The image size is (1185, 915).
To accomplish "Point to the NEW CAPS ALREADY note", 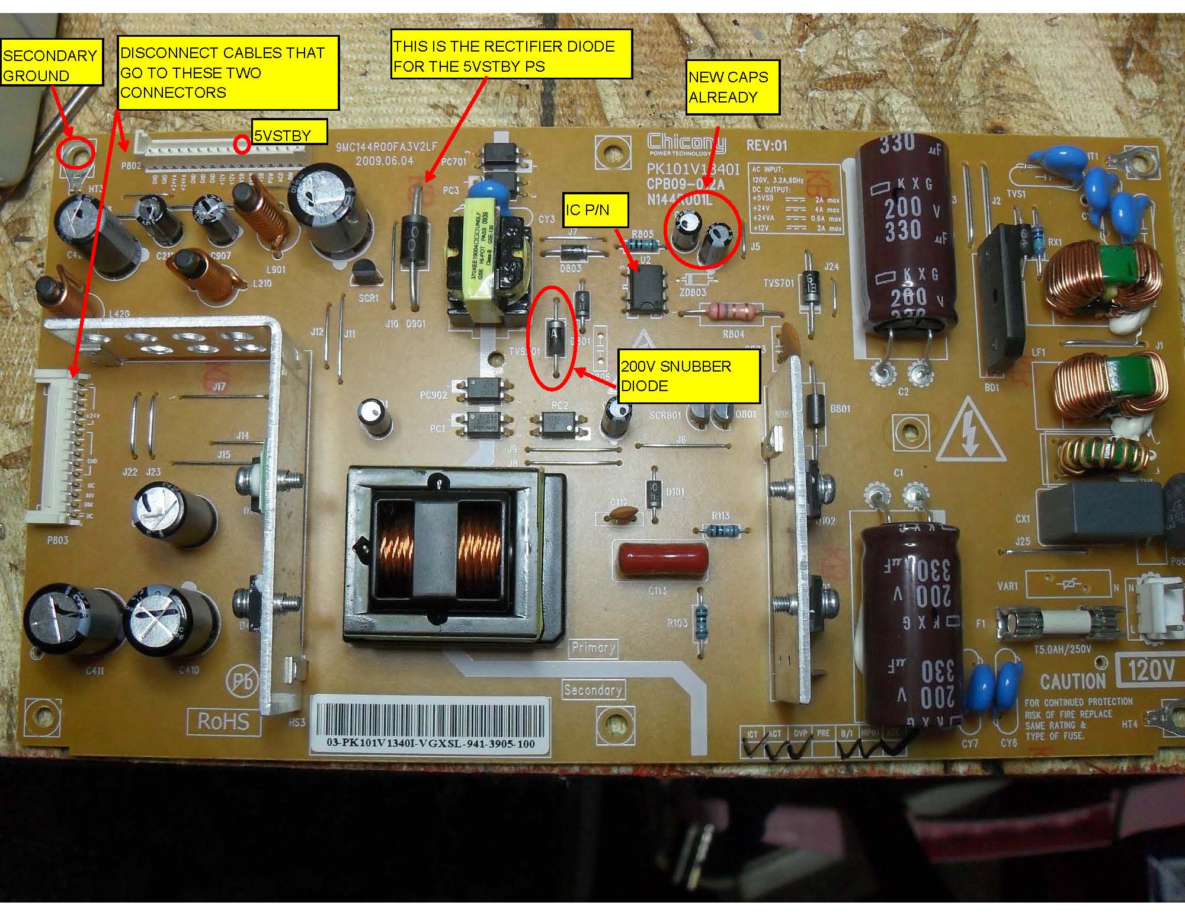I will tap(732, 88).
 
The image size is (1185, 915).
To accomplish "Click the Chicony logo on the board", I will tap(686, 143).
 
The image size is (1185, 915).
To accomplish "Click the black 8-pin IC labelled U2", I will tap(644, 287).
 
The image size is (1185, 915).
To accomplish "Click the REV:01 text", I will tap(767, 145).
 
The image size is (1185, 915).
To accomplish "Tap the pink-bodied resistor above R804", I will tap(732, 309).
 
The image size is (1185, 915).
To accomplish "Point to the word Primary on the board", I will tap(592, 647).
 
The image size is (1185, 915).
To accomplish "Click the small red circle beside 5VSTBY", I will tap(242, 144).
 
